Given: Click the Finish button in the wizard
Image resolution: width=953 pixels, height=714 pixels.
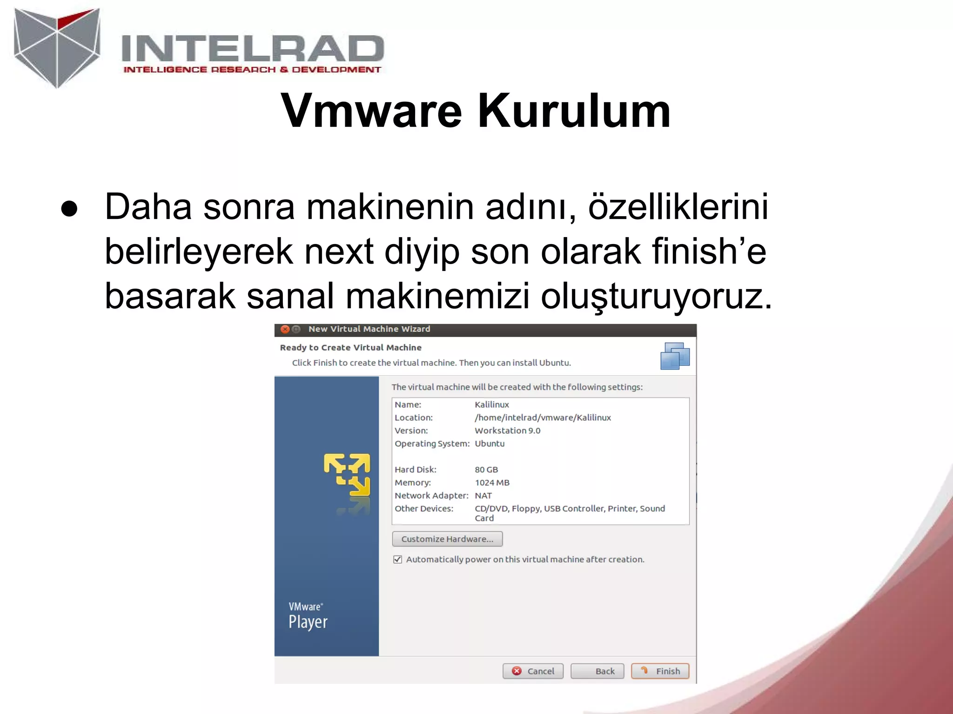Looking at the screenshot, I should click(660, 671).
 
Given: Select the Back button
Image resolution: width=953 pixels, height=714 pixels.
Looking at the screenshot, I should click(597, 671).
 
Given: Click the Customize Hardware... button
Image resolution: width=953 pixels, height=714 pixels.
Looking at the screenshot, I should click(447, 539).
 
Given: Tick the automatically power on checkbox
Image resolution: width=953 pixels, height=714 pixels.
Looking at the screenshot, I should click(397, 559).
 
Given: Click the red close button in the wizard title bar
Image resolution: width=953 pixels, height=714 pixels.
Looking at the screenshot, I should click(285, 329).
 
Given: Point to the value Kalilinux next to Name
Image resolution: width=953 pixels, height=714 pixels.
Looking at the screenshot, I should click(492, 404).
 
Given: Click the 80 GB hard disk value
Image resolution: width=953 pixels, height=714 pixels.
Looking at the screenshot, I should click(486, 469).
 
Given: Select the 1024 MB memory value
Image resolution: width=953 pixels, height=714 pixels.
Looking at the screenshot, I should click(492, 483).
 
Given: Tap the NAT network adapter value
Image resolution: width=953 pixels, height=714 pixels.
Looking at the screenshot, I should click(483, 496).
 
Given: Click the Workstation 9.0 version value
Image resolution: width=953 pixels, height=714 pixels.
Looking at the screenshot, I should click(507, 430).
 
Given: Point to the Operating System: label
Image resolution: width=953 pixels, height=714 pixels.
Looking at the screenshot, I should click(432, 443).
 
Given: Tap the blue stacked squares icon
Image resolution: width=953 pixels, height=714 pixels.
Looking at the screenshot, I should click(675, 356).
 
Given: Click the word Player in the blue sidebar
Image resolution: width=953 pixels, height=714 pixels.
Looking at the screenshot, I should click(308, 622).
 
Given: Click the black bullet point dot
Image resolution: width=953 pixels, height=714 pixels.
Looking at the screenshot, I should click(69, 209).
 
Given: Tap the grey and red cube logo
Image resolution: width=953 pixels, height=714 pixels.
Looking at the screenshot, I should click(57, 47).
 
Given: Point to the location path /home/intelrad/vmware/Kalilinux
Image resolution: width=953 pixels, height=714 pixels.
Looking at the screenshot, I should click(543, 417).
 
